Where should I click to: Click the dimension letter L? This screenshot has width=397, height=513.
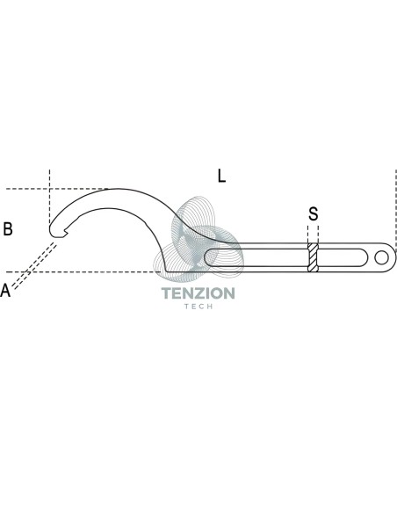point(221,176)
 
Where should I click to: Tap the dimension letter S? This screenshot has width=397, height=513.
point(313,213)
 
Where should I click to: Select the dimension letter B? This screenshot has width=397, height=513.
point(8,228)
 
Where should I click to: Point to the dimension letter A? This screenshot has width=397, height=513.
point(5,290)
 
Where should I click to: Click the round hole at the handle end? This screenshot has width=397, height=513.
point(381,257)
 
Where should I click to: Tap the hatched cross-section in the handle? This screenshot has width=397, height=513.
point(313,257)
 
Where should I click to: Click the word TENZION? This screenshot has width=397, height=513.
point(198,293)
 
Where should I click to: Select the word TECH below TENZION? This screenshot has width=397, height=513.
point(198,307)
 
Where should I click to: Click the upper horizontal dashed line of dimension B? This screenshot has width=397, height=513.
point(57,189)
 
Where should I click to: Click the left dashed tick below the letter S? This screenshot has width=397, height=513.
point(308,235)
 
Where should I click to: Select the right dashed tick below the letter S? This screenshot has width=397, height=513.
point(318,235)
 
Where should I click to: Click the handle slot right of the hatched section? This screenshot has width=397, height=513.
point(343,257)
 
